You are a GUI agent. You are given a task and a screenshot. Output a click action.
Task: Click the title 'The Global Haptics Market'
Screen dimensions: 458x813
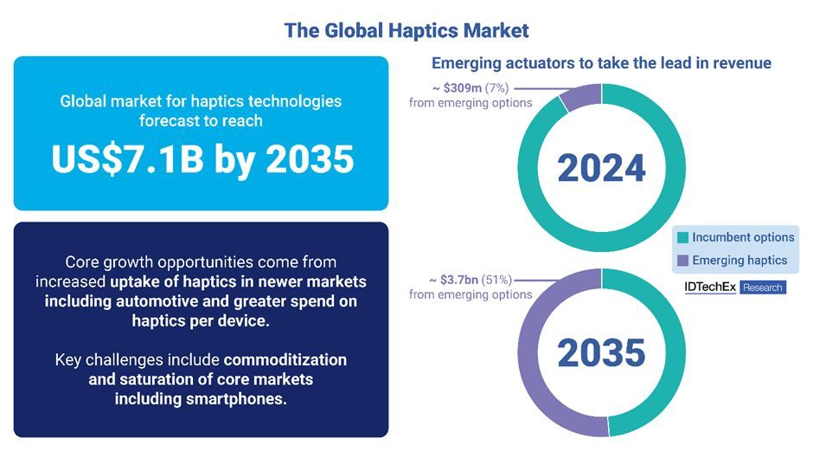406,30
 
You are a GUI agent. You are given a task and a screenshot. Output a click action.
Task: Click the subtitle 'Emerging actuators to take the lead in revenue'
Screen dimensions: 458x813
601,63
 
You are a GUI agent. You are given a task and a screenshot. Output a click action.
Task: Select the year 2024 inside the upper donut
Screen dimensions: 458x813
601,167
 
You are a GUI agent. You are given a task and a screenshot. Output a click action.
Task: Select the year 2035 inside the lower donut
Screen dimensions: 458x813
601,352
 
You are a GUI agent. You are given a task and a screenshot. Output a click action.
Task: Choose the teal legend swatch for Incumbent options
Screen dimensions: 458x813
683,238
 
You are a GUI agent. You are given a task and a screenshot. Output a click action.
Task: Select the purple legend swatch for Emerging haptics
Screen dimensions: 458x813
683,260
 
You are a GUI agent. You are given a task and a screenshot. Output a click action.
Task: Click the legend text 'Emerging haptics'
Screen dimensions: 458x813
739,260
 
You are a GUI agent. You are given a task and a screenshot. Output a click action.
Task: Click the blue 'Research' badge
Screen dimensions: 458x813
762,287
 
